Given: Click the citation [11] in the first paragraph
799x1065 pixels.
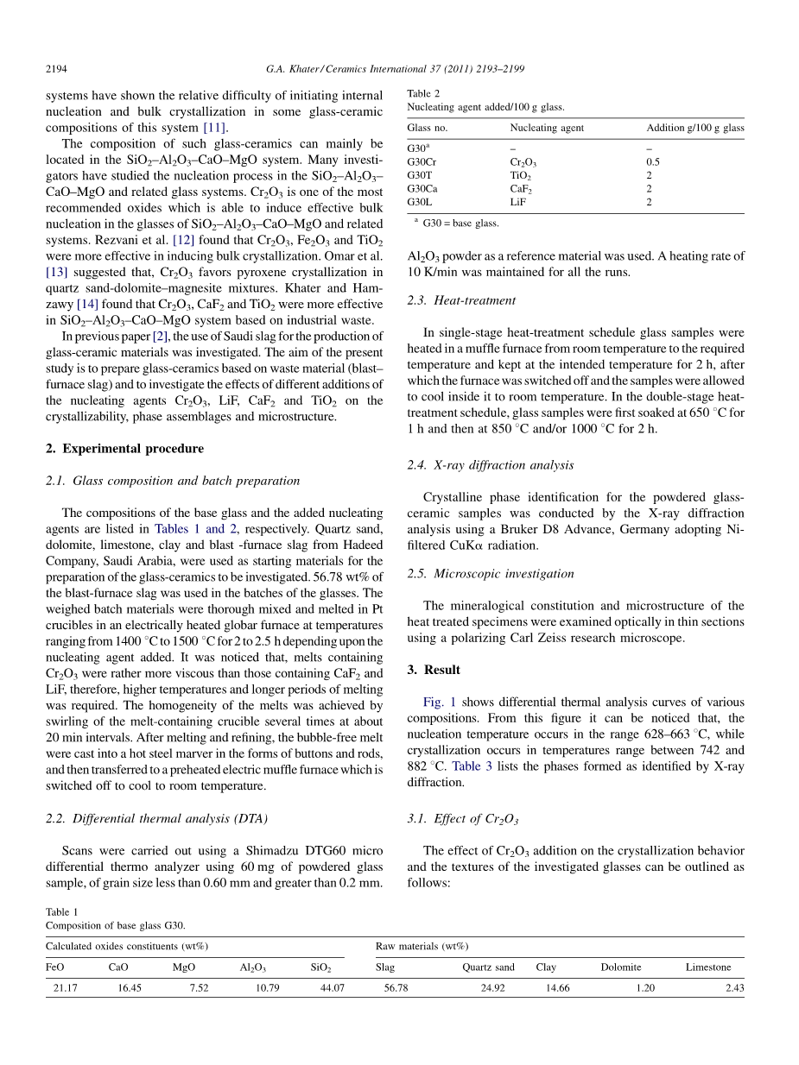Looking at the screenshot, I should point(215,128).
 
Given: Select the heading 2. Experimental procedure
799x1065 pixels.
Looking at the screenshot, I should point(124,449).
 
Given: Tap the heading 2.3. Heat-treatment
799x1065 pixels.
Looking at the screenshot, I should point(461,300).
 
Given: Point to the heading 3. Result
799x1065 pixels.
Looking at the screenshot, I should point(434,670).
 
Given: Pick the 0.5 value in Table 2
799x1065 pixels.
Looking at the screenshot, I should point(653,161).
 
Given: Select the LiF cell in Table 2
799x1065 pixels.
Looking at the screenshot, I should point(518,202).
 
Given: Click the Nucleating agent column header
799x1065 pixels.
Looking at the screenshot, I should point(547,128).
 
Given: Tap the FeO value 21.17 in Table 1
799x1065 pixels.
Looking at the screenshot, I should point(65,988).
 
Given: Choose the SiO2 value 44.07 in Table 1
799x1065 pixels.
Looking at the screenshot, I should point(332,988).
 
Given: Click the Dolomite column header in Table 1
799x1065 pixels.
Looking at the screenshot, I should point(621,967).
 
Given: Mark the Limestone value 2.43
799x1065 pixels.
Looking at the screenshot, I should point(734,988).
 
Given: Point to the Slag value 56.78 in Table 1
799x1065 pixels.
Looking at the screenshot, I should point(396,988).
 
